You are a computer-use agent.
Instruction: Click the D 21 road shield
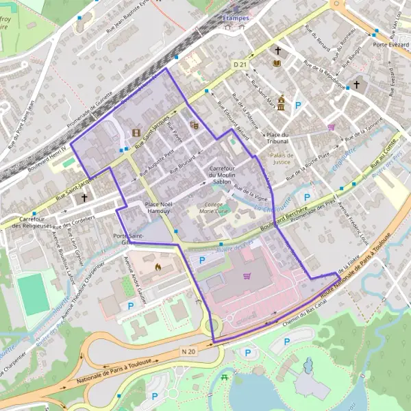(239, 64)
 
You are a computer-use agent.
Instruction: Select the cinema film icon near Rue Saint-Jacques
(136, 132)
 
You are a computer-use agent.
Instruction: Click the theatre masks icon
(194, 125)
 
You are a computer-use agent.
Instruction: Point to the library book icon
(277, 63)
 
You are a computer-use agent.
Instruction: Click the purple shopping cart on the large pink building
(247, 276)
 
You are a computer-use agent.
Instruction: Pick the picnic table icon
(224, 377)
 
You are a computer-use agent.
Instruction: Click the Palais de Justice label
(282, 159)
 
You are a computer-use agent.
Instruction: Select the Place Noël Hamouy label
(162, 208)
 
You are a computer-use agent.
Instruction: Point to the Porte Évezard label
(390, 45)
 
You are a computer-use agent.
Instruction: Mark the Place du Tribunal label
(277, 137)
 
